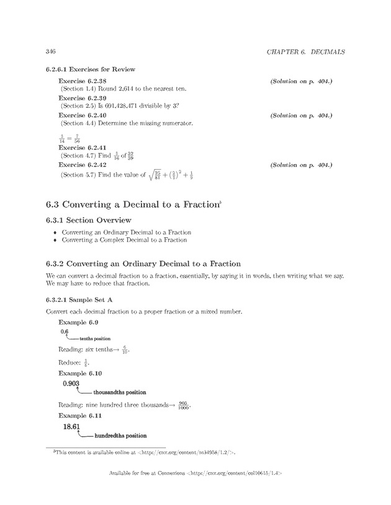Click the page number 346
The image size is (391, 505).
52,50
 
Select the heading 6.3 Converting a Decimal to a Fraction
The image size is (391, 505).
133,204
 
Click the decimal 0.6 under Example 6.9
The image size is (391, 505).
65,332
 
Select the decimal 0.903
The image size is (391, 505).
71,384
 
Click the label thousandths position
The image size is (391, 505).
119,392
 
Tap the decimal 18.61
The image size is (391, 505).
72,427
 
